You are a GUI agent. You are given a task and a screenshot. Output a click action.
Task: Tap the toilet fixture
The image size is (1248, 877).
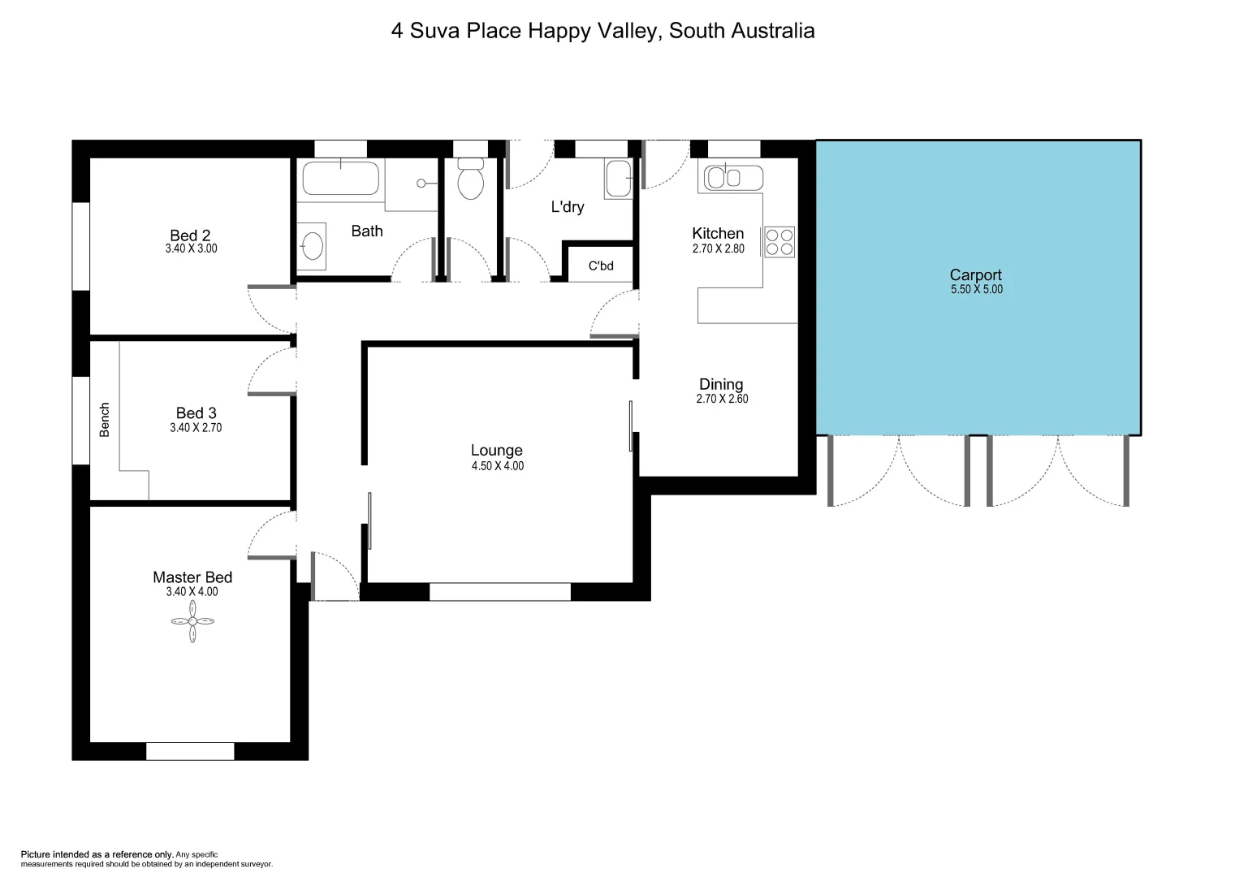pyautogui.click(x=470, y=179)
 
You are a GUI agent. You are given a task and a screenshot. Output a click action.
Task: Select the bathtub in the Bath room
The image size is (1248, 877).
pyautogui.click(x=341, y=178)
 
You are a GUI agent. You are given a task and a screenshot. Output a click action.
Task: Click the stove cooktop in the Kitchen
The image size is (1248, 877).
pyautogui.click(x=779, y=241)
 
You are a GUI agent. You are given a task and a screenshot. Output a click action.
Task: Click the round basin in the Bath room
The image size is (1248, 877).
pyautogui.click(x=312, y=244)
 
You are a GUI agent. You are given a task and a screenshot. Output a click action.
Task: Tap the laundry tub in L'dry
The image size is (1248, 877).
pyautogui.click(x=617, y=179)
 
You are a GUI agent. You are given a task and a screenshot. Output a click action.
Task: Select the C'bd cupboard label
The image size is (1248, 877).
pyautogui.click(x=601, y=266)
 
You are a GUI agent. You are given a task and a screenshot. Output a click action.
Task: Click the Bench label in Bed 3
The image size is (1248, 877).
pyautogui.click(x=104, y=420)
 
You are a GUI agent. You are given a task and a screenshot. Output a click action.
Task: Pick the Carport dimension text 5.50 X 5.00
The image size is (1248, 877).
pyautogui.click(x=976, y=290)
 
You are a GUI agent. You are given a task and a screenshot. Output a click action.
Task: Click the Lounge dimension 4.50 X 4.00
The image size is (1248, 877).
pyautogui.click(x=497, y=466)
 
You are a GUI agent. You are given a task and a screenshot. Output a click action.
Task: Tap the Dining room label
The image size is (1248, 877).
pyautogui.click(x=721, y=384)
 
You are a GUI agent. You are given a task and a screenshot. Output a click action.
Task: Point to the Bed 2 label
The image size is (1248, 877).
pyautogui.click(x=190, y=235)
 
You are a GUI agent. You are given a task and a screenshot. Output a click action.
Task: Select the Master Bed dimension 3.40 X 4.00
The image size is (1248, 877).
pyautogui.click(x=192, y=592)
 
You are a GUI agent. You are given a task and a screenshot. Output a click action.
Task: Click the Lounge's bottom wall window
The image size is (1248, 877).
pyautogui.click(x=499, y=592)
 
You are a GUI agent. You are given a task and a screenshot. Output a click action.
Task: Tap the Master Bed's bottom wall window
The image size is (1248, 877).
pyautogui.click(x=190, y=751)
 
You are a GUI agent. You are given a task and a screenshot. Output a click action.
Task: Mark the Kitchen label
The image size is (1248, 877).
pyautogui.click(x=718, y=234)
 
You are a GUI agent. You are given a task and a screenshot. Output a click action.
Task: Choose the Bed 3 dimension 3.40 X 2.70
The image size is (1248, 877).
pyautogui.click(x=195, y=428)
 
